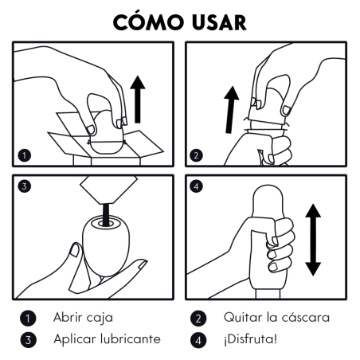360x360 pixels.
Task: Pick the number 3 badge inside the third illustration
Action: tap(24, 188)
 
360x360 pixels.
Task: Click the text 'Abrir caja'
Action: tap(84, 317)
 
